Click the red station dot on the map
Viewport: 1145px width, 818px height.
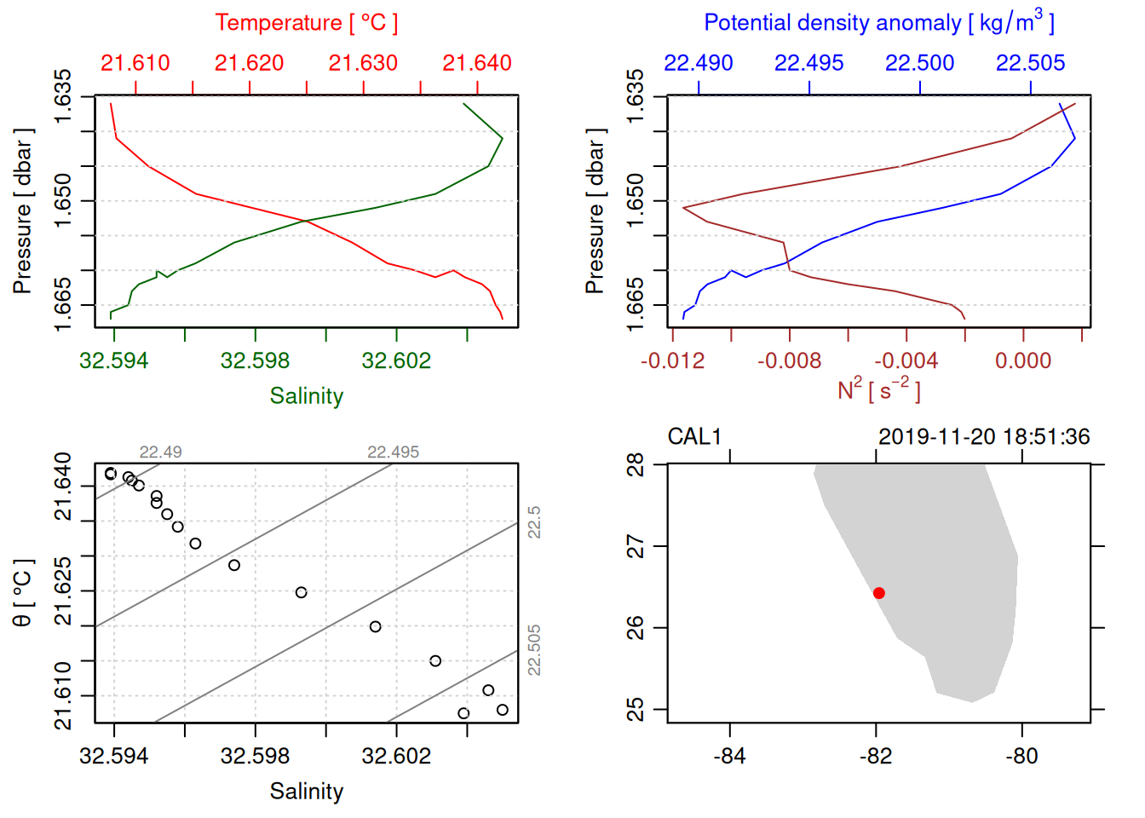pos(879,593)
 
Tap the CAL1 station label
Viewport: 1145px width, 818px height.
pos(694,437)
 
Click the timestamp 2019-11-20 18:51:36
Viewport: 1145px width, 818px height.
pos(984,437)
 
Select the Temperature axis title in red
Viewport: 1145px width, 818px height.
pos(307,23)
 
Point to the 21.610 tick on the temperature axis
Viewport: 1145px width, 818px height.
pos(135,63)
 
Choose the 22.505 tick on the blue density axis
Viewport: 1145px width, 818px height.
pos(1031,63)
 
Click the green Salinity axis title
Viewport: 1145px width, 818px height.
pos(307,396)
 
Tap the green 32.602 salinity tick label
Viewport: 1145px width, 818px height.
pos(396,361)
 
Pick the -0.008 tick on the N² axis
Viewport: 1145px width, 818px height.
pos(789,361)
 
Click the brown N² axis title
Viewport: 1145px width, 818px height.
pos(879,390)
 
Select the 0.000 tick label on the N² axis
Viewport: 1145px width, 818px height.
pos(1023,361)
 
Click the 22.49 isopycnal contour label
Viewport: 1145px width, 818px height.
pos(160,452)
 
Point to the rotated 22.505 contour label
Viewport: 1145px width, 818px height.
pos(534,650)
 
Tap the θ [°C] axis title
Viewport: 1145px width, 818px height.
pos(23,593)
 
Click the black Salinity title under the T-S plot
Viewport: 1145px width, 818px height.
pos(307,792)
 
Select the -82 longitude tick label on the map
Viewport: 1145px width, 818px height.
pos(876,757)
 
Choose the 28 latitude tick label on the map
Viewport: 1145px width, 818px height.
pos(636,465)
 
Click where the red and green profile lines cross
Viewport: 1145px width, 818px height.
pos(305,222)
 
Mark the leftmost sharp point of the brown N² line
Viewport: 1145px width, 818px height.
pos(683,207)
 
